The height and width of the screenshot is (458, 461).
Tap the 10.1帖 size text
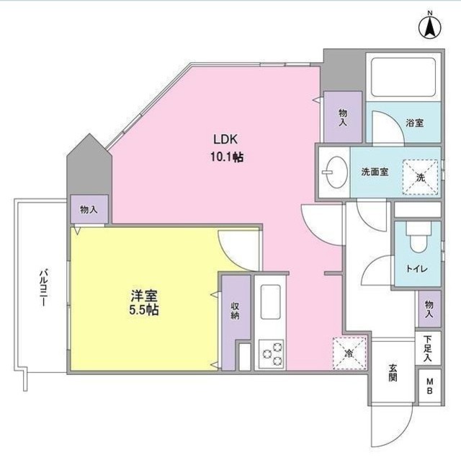(x=226, y=156)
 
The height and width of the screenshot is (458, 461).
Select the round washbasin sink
(x=333, y=172)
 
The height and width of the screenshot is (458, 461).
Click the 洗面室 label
(x=375, y=172)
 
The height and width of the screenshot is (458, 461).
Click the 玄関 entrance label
(x=393, y=373)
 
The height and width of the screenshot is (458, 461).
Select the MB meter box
(x=428, y=387)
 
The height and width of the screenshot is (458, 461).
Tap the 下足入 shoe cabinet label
(x=427, y=349)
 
